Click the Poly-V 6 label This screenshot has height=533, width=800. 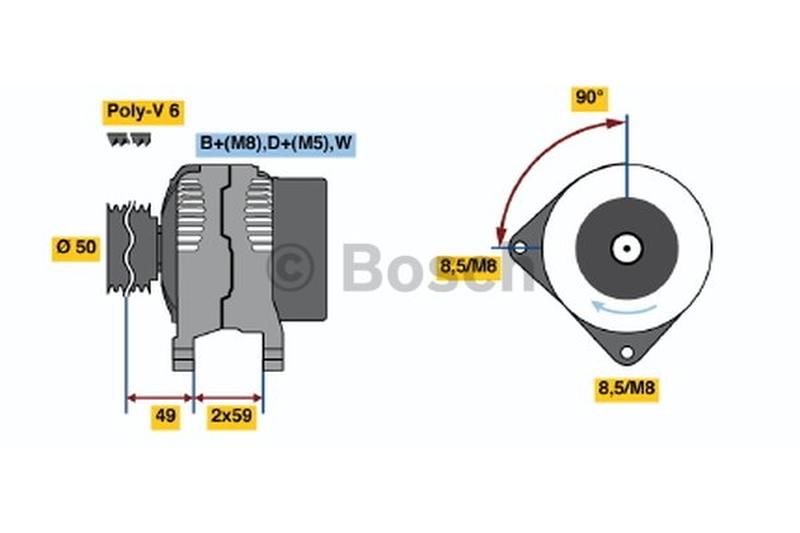143,111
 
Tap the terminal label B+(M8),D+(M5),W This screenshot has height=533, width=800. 276,143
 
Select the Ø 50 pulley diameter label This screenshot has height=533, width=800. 76,247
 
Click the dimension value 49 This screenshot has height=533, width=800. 165,416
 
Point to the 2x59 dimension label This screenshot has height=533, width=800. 232,416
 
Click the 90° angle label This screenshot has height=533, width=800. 589,98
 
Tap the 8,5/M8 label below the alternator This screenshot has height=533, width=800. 627,389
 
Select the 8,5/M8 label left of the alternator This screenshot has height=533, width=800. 468,267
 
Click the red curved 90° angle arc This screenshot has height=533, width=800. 536,162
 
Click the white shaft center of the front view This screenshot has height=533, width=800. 627,248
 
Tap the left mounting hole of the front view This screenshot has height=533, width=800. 519,248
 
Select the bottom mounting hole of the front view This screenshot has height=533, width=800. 627,352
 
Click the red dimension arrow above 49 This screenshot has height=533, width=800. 160,398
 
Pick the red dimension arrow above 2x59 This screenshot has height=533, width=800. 229,398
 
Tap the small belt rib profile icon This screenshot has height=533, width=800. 129,140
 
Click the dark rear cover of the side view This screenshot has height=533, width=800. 300,249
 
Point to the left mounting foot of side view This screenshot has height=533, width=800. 184,354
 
